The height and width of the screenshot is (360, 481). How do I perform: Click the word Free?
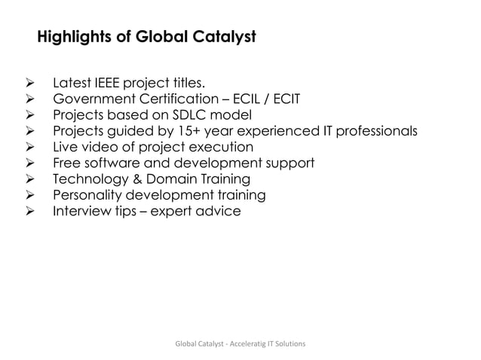coord(66,163)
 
